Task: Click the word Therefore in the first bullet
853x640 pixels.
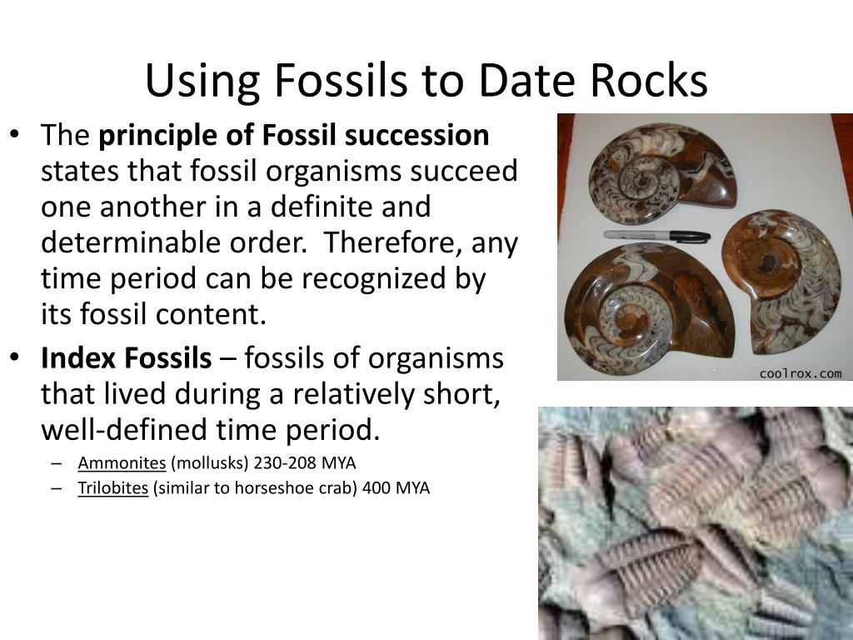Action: point(395,242)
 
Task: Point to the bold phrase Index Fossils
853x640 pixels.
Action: point(127,358)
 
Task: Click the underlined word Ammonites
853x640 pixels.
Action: point(122,462)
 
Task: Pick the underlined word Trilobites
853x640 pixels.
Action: point(113,488)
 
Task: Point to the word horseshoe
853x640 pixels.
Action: point(285,488)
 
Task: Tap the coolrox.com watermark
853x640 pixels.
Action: point(800,373)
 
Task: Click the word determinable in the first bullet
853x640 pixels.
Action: point(123,242)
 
